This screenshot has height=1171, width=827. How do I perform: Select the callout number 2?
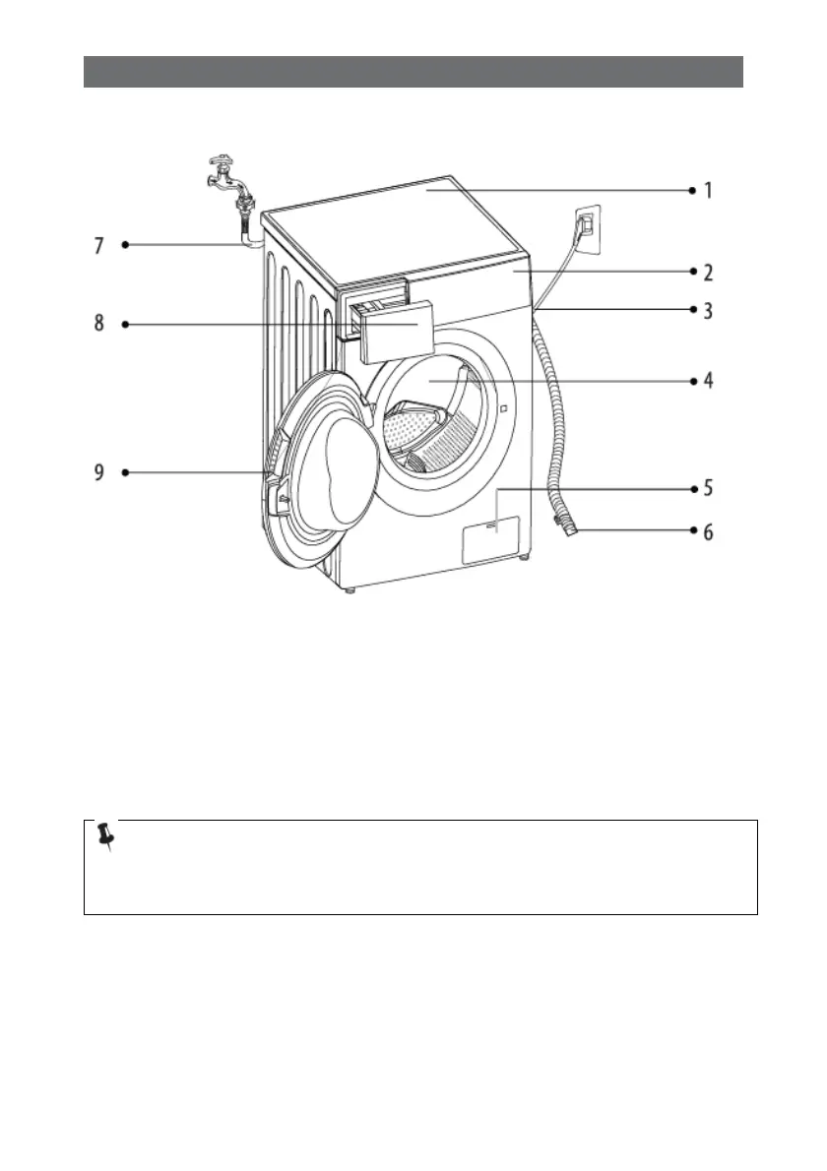(708, 271)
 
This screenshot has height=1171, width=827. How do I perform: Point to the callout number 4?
(708, 380)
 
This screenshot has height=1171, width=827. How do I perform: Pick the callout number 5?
(708, 487)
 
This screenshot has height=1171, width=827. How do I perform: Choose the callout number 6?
(708, 532)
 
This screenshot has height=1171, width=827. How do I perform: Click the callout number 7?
(98, 245)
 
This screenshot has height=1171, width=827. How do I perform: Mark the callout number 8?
(98, 324)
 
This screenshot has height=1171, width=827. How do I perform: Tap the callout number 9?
(98, 473)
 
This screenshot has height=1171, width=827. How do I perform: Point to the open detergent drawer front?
(397, 334)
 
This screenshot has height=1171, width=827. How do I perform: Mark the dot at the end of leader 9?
(126, 473)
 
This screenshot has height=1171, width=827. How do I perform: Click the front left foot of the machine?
(350, 590)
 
